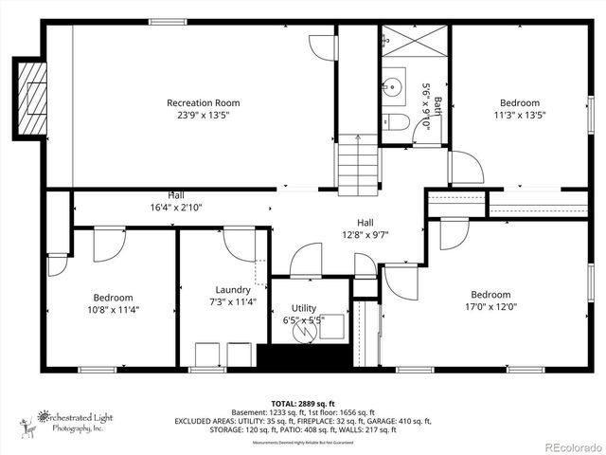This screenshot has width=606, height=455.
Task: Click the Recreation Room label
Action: tap(203, 102)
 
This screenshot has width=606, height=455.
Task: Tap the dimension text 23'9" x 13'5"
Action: tap(203, 115)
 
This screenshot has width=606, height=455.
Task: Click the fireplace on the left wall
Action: tap(31, 99)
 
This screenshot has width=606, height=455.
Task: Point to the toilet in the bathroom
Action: tap(397, 122)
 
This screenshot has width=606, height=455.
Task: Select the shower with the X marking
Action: tap(414, 42)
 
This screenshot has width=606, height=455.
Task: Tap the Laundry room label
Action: tap(233, 290)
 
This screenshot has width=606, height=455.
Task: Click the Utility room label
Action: tap(304, 308)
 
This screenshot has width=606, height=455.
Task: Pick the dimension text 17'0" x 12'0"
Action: tap(490, 306)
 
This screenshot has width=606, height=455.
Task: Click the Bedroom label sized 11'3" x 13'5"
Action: tap(520, 102)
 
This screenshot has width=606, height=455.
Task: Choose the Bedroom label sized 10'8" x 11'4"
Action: tap(113, 297)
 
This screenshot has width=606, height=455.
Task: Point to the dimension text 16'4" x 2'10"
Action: tap(176, 207)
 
